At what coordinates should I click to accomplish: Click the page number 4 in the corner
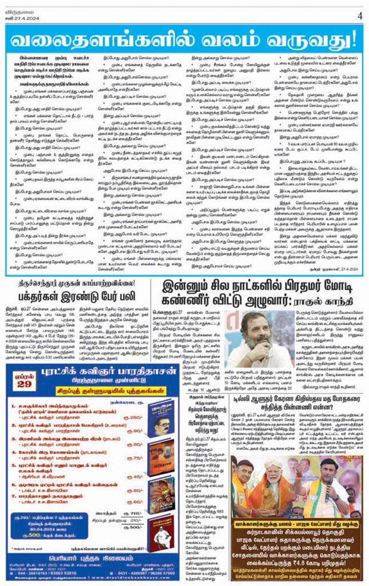pyautogui.click(x=360, y=15)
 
